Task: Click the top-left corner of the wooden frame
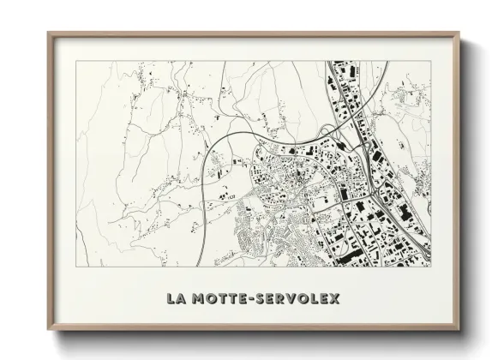tap(47, 32)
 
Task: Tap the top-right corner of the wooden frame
tap(459, 32)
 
